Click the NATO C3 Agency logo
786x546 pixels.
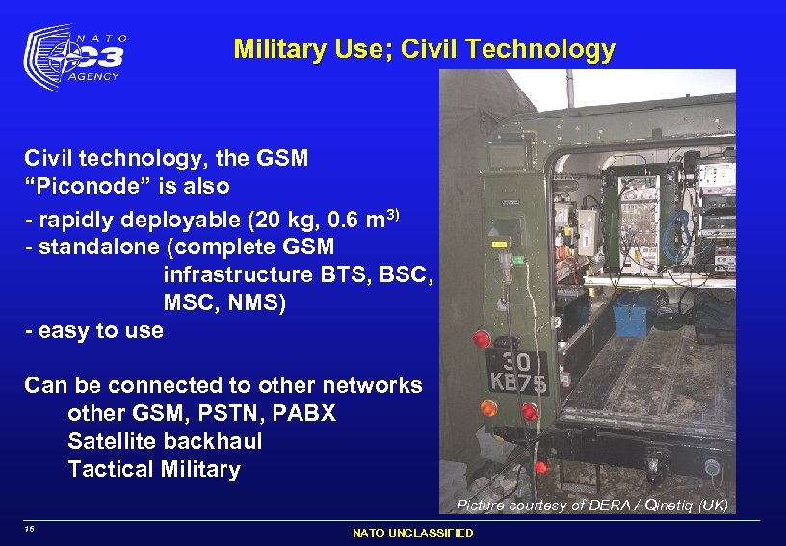(75, 58)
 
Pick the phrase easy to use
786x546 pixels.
(100, 330)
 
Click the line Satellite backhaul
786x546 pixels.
(165, 441)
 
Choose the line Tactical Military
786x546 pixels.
(154, 469)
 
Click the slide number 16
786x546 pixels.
(31, 529)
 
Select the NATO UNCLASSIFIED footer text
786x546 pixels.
(413, 533)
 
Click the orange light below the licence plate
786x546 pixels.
(489, 408)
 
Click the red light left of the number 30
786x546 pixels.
(481, 339)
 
